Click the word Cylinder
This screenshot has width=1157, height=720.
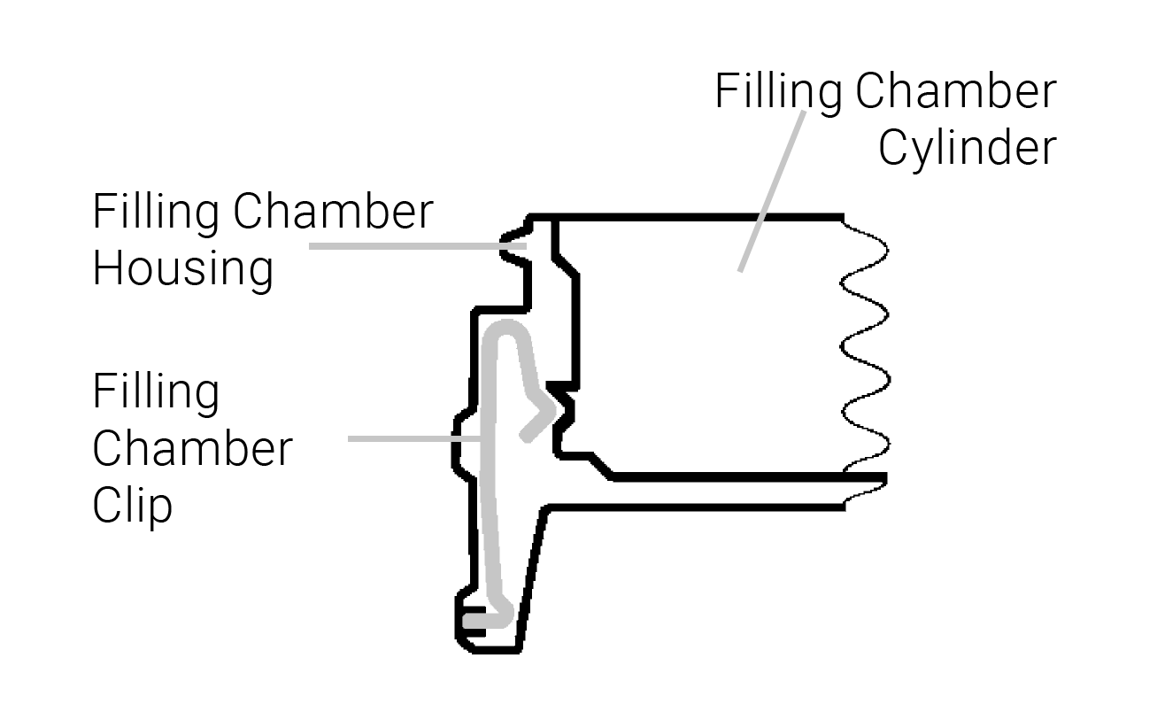[968, 149]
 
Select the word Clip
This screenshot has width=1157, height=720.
[132, 506]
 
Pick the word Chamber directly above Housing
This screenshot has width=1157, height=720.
[334, 212]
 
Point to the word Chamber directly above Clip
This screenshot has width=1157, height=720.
[192, 449]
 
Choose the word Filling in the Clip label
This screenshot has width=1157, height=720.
[156, 391]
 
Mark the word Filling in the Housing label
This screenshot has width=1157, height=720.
[156, 212]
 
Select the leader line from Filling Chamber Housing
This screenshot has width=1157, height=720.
[416, 245]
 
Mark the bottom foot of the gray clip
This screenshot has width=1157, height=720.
[482, 619]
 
